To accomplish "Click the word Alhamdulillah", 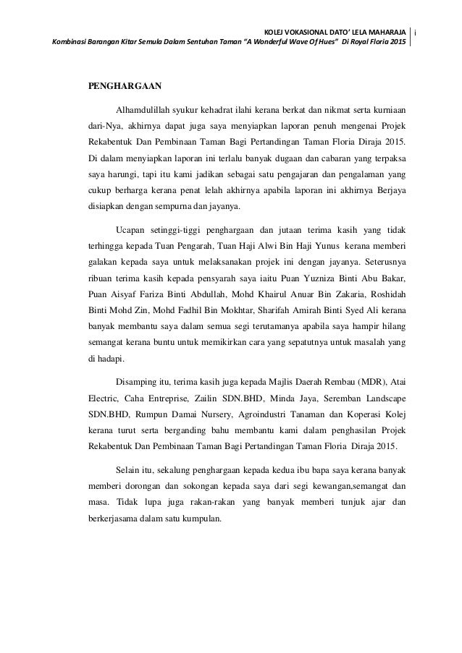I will point(144,110).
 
